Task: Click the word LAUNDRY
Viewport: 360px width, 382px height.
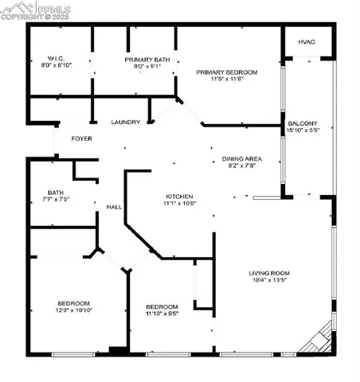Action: point(127,122)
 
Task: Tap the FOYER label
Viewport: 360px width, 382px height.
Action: point(80,138)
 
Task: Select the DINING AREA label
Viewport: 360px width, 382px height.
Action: point(241,159)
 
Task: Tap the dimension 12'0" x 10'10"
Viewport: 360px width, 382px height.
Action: point(72,310)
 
